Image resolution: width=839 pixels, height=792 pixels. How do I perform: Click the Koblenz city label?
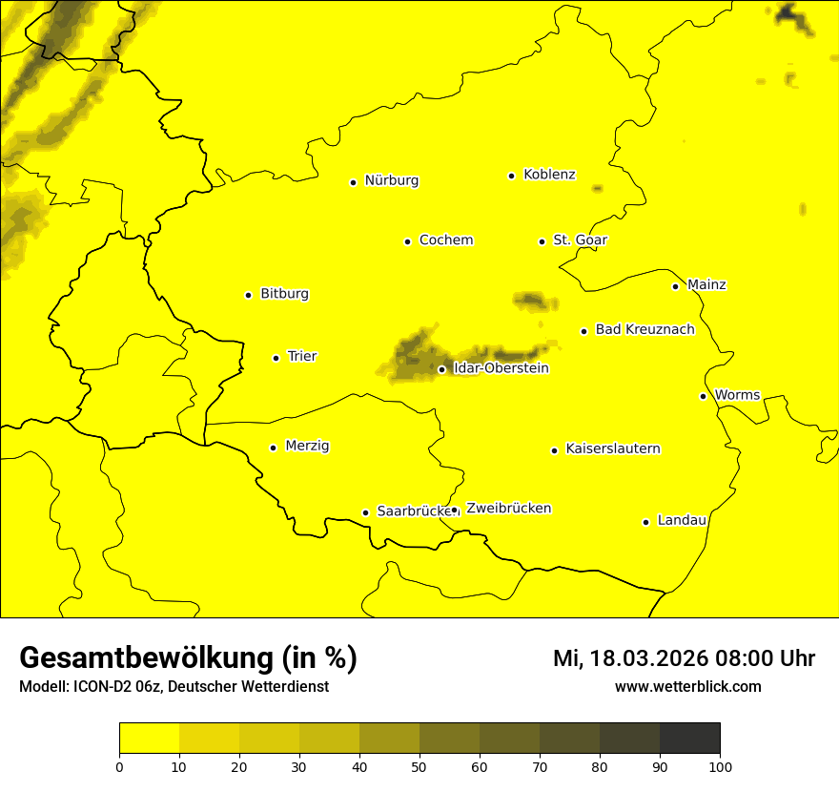(549, 175)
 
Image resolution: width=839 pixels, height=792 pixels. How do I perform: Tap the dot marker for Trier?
(276, 358)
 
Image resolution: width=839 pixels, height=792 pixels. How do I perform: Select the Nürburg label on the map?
(391, 180)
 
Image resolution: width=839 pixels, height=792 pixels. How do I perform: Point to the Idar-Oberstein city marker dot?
(441, 369)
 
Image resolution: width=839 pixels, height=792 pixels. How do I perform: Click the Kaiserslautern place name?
(613, 448)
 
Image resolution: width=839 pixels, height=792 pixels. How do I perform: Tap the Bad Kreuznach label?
(645, 329)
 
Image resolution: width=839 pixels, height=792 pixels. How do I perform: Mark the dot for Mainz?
(675, 286)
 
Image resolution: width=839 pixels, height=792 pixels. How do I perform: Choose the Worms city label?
(737, 394)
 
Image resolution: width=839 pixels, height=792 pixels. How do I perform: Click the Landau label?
(682, 520)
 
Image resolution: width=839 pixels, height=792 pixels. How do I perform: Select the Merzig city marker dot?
(273, 448)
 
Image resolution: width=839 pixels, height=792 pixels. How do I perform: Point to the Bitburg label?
(284, 294)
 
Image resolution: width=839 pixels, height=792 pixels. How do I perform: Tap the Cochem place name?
(446, 240)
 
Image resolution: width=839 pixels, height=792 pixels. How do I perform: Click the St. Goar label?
(580, 240)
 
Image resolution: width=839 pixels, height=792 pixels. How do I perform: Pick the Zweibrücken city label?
(508, 508)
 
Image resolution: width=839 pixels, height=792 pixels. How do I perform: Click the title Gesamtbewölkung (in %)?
(188, 657)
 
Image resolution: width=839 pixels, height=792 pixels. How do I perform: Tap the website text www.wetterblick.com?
(687, 686)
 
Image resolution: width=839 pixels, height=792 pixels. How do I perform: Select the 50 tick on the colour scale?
(419, 765)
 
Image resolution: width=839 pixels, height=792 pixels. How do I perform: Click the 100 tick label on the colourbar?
(720, 765)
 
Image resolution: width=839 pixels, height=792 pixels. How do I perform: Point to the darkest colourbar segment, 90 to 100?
(689, 738)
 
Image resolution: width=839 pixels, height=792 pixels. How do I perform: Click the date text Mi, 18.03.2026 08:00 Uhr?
(684, 658)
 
